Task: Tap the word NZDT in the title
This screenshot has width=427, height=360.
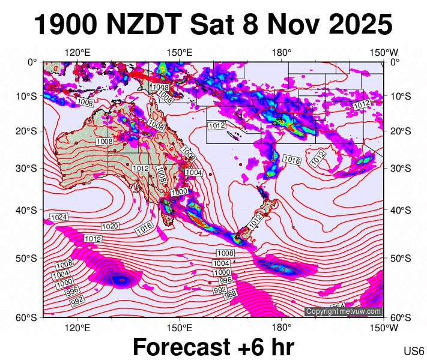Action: point(145,25)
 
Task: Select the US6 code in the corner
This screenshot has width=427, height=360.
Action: point(414,351)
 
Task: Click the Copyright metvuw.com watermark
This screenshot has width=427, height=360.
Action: point(344,311)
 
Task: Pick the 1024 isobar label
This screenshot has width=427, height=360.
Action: point(58,217)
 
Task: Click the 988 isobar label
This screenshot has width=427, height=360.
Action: point(229,294)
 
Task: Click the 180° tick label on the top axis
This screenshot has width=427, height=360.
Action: point(281,53)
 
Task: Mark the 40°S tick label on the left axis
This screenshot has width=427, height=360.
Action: point(28,211)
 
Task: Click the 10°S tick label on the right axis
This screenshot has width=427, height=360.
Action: point(401,96)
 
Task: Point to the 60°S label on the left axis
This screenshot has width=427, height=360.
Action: point(28,317)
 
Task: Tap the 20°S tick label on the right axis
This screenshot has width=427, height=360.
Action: point(401,131)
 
